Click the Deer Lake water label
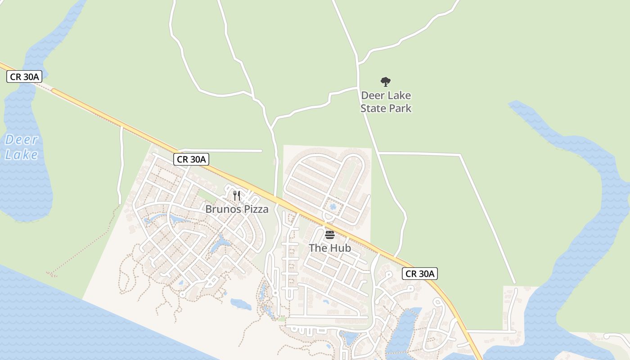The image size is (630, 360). [x=21, y=147]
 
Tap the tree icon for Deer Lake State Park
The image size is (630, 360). [x=385, y=81]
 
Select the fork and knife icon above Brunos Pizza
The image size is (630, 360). [x=237, y=196]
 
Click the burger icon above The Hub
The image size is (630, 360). [x=330, y=234]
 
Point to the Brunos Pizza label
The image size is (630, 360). [x=237, y=209]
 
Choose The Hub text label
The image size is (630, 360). [x=330, y=247]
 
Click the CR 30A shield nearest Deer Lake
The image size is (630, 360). [x=24, y=76]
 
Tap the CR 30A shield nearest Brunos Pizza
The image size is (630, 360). [x=192, y=159]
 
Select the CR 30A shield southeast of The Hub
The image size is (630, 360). [x=420, y=273]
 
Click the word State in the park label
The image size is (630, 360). [x=373, y=108]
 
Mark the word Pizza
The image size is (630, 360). [x=256, y=209]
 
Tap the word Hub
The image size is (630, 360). [x=341, y=247]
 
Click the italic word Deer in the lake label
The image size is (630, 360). [x=21, y=139]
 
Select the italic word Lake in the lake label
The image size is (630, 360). [x=21, y=155]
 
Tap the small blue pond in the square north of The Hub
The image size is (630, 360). [x=333, y=207]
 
